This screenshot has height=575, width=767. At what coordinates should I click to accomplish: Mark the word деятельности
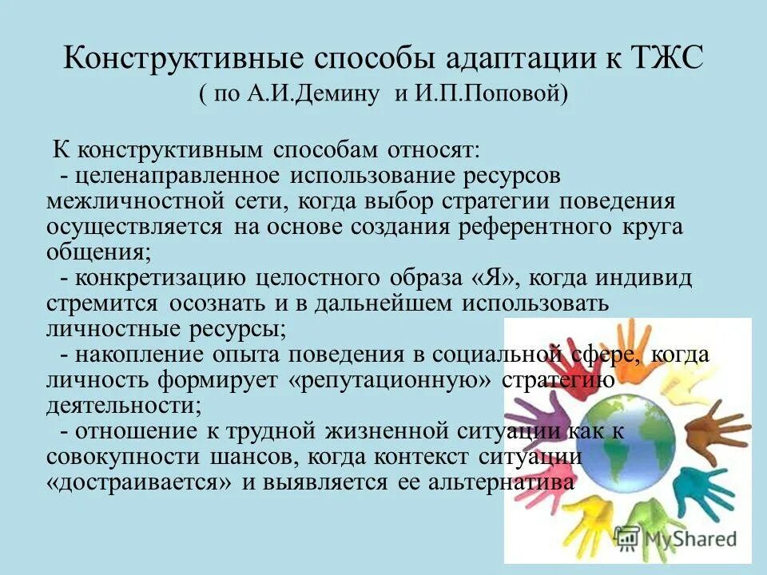coord(121,405)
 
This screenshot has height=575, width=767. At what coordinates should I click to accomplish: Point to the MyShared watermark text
coord(689,537)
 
